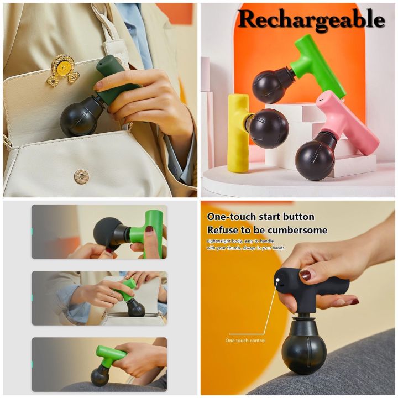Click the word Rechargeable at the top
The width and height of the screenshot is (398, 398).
311,20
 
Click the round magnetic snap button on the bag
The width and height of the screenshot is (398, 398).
81,176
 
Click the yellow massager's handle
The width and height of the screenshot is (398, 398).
238,133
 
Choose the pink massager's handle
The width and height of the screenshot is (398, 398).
354,122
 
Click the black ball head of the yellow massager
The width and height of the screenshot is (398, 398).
268,129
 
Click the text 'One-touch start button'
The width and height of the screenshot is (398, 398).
260,217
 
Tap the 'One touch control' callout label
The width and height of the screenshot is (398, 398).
245,341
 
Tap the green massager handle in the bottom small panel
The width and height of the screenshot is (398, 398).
111,354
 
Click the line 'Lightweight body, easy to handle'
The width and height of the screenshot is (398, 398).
243,241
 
